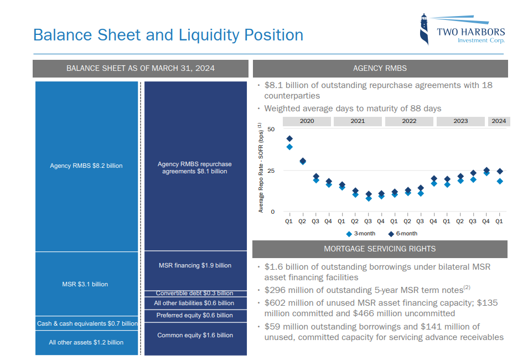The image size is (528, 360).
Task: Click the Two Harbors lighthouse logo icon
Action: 424,30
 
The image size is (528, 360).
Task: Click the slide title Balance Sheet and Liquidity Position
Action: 168,35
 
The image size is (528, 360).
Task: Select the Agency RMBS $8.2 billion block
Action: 86,166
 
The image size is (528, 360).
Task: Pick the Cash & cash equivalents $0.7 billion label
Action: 87,323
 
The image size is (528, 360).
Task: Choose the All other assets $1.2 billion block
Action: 86,342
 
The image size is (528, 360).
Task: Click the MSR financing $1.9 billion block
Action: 195,265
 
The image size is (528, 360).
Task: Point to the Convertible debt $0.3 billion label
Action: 195,293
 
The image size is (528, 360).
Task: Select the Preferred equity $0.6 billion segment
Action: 195,315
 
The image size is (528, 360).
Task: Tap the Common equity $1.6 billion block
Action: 195,335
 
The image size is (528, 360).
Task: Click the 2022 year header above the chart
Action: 409,121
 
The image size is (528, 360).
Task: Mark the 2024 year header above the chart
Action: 499,121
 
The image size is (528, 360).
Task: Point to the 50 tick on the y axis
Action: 271,129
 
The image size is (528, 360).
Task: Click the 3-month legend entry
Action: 360,234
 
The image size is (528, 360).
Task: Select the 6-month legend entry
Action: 402,234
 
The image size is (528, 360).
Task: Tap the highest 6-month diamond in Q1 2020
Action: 289,138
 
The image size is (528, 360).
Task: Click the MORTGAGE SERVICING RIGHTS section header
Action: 380,249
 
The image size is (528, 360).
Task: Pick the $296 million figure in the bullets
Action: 286,290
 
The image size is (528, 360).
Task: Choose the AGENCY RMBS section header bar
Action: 380,69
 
